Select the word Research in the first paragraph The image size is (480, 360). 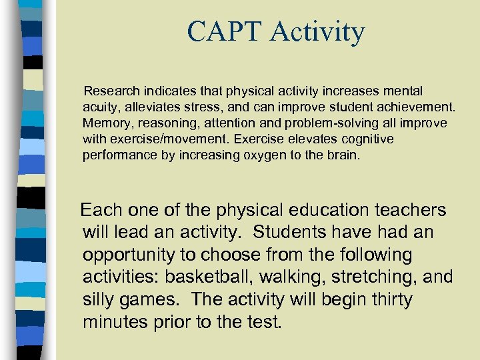click(x=111, y=90)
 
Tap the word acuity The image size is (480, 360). click(x=101, y=107)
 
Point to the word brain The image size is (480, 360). click(x=342, y=156)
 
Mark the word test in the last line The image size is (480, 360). click(x=263, y=323)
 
